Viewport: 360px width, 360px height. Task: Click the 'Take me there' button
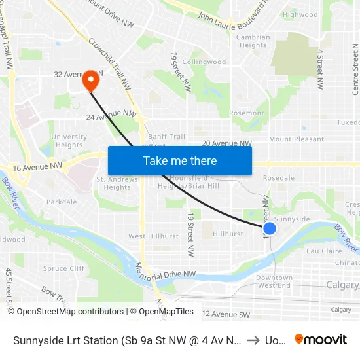coord(179,161)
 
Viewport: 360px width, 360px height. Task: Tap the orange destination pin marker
coord(90,81)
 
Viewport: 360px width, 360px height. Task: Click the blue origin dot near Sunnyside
coord(269,228)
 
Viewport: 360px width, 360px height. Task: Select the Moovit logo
coord(320,339)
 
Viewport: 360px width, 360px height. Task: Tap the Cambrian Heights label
coord(253,41)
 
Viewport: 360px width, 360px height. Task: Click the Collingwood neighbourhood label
coord(204,62)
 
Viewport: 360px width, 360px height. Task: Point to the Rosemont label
coord(247,113)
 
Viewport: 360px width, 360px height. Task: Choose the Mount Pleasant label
coord(297,139)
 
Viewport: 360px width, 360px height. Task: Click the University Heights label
coord(68,141)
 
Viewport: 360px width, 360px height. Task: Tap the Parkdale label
coord(62,202)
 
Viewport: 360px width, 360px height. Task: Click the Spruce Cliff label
coord(64,268)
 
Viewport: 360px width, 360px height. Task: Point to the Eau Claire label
coord(321,251)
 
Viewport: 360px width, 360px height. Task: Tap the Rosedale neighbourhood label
coord(278,178)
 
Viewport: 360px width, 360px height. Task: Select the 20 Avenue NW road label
coord(226,143)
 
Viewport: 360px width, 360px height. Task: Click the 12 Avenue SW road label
coord(226,315)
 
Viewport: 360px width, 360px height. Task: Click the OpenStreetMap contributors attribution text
coord(65,312)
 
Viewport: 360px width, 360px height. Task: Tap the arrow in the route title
coord(253,339)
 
